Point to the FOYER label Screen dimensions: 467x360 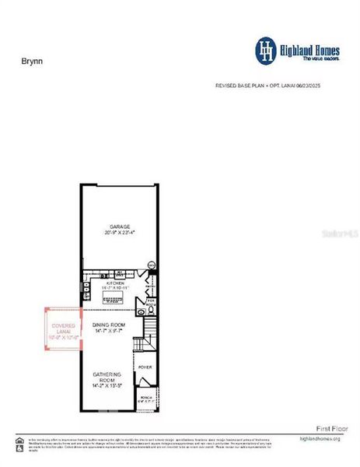pyautogui.click(x=145, y=366)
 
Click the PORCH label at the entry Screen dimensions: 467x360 pyautogui.click(x=145, y=395)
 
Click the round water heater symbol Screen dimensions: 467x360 pyautogui.click(x=152, y=265)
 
